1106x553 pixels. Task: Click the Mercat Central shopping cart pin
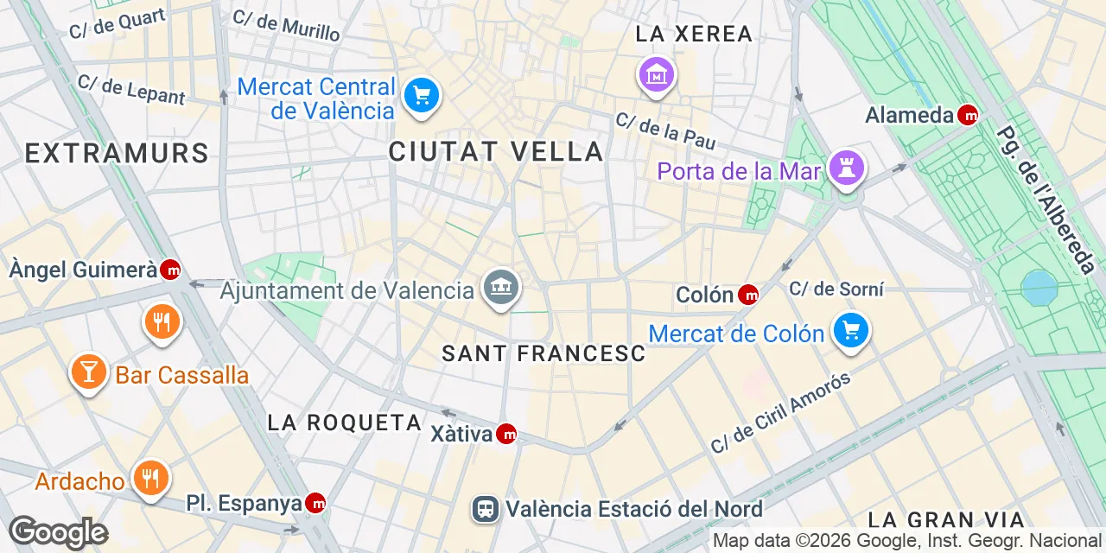[x=421, y=94]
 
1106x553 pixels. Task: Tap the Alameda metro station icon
[x=968, y=115]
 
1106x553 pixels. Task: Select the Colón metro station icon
[x=748, y=296]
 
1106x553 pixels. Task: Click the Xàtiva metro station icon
[x=506, y=435]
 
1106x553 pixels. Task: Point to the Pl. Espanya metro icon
[x=315, y=503]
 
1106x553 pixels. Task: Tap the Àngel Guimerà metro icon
[x=171, y=270]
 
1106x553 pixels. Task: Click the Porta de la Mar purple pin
[x=846, y=168]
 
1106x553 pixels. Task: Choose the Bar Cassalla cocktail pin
[x=87, y=372]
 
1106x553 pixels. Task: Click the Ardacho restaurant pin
[x=150, y=479]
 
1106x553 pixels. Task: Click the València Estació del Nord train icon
[x=486, y=509]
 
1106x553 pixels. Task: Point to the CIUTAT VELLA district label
[x=496, y=151]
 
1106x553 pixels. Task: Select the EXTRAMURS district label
[x=117, y=154]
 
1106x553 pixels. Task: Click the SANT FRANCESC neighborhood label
[x=543, y=353]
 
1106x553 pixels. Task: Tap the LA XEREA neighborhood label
[x=694, y=35]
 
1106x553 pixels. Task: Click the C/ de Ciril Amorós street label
[x=781, y=413]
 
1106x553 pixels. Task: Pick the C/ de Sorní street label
[x=836, y=289]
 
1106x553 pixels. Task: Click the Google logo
[x=58, y=532]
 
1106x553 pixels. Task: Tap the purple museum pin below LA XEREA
[x=657, y=75]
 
